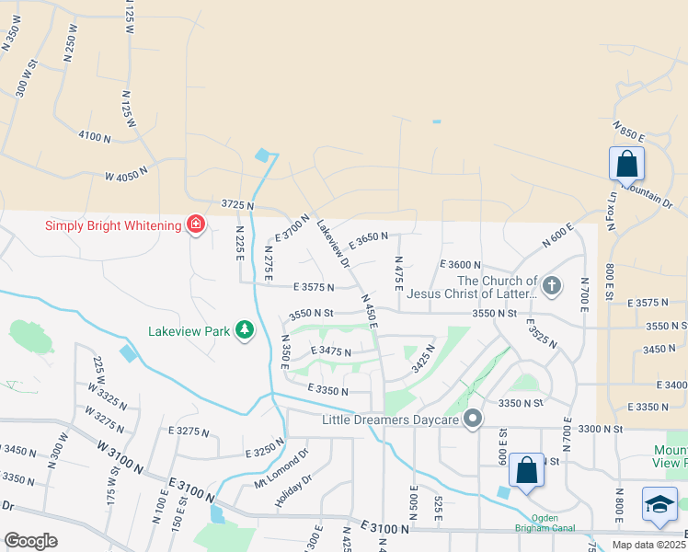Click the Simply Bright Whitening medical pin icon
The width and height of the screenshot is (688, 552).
click(195, 224)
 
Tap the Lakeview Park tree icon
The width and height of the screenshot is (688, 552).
click(244, 329)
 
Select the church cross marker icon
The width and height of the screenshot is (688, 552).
click(551, 285)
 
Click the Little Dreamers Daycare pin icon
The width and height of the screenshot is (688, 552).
click(473, 420)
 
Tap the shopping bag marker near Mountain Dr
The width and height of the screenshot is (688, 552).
click(626, 165)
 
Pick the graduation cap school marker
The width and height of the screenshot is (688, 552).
click(659, 504)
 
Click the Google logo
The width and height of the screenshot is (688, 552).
click(30, 541)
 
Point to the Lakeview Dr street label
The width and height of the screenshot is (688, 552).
click(333, 244)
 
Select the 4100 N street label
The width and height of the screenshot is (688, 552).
click(94, 137)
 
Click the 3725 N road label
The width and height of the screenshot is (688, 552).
click(236, 203)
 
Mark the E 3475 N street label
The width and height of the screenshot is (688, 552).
click(331, 351)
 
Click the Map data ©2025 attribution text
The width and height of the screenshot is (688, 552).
click(648, 545)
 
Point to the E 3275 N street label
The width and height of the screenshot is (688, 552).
click(189, 431)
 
